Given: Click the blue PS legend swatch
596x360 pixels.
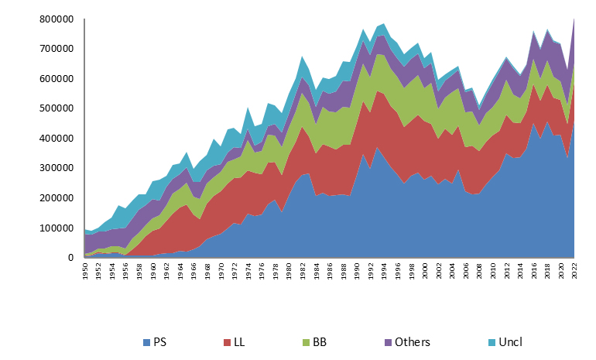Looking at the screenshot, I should (x=148, y=342).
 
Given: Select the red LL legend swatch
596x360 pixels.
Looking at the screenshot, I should (x=227, y=342).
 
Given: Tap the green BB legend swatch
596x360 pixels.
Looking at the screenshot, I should (x=304, y=342).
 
